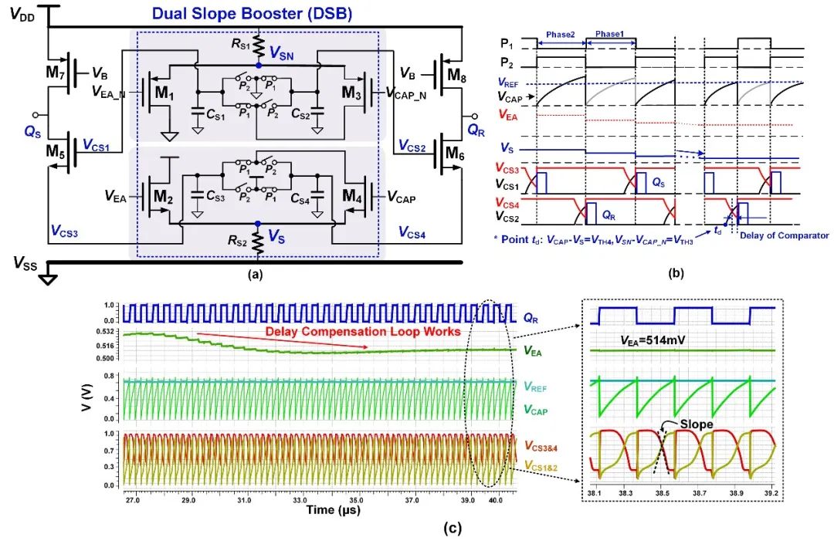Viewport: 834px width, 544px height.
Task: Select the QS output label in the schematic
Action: point(32,131)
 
